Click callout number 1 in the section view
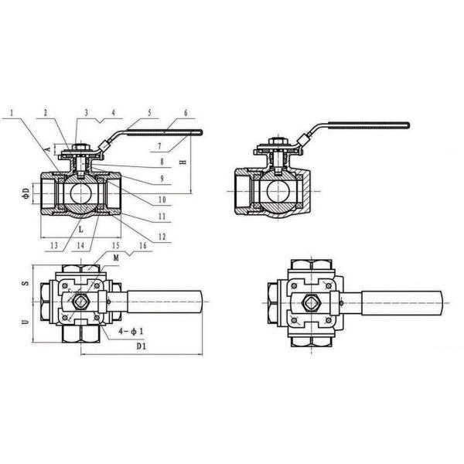12,113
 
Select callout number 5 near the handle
149,112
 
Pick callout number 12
162,236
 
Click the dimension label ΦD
25,192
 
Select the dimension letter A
49,147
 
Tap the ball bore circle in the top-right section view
275,191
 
